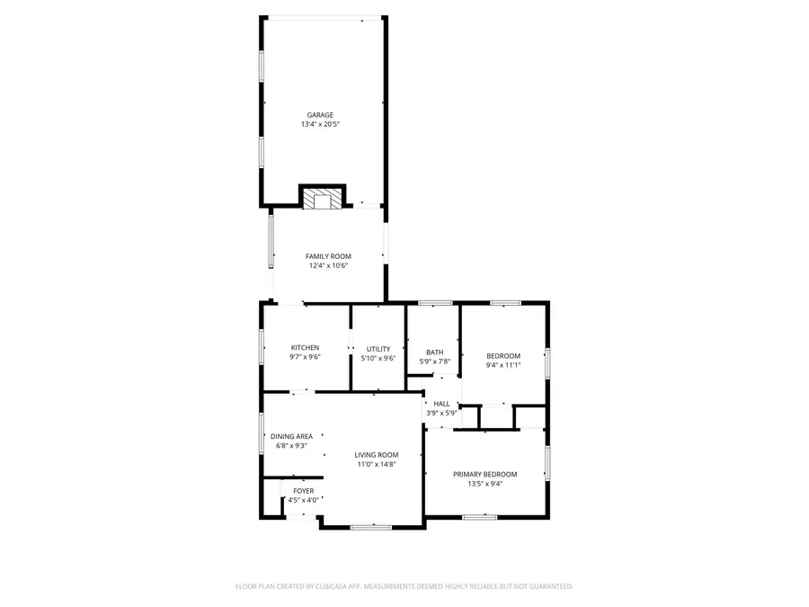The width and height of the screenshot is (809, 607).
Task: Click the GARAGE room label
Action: [x=320, y=115]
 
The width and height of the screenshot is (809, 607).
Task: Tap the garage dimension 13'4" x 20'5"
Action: [x=320, y=125]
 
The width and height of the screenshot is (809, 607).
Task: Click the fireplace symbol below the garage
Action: [x=322, y=199]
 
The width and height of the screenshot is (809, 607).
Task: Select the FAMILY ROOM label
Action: [x=328, y=256]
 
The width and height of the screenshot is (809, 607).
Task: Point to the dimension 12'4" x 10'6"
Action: [x=328, y=266]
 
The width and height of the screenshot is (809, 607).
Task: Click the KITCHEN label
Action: [x=305, y=348]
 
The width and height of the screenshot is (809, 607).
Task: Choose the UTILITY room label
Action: [x=378, y=348]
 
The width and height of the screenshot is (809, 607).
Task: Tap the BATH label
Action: [x=434, y=353]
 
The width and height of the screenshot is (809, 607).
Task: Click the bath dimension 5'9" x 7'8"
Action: [x=434, y=362]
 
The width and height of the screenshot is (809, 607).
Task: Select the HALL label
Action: [x=441, y=404]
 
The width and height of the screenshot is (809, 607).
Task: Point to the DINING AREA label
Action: [x=291, y=436]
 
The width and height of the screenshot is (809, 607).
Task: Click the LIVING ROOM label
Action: [x=376, y=455]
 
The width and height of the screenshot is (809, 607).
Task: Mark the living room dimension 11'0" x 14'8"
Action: [x=376, y=465]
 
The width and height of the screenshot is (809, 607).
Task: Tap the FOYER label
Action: [x=303, y=491]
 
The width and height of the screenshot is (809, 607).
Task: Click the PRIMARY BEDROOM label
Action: [x=485, y=474]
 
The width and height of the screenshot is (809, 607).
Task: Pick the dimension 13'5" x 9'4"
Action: [x=485, y=484]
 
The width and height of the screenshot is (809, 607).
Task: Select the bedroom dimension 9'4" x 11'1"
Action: [x=503, y=365]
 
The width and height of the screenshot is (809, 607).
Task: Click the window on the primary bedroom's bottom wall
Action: [x=479, y=517]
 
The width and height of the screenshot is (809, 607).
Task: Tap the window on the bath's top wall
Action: [x=435, y=303]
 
